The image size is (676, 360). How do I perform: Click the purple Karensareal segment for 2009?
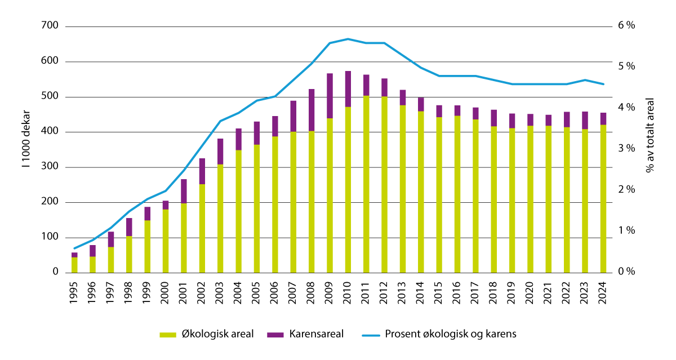(330, 96)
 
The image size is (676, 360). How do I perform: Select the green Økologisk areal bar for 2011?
(366, 184)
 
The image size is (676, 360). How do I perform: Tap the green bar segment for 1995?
(74, 265)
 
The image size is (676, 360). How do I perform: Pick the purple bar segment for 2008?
(312, 110)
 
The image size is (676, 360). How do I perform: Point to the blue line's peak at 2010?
(348, 39)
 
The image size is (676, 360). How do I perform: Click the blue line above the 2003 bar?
(220, 121)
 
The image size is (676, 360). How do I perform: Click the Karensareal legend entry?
(315, 334)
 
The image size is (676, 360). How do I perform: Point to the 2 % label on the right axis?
(626, 190)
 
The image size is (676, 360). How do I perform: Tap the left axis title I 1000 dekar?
(26, 149)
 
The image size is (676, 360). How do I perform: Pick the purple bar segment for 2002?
(202, 171)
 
